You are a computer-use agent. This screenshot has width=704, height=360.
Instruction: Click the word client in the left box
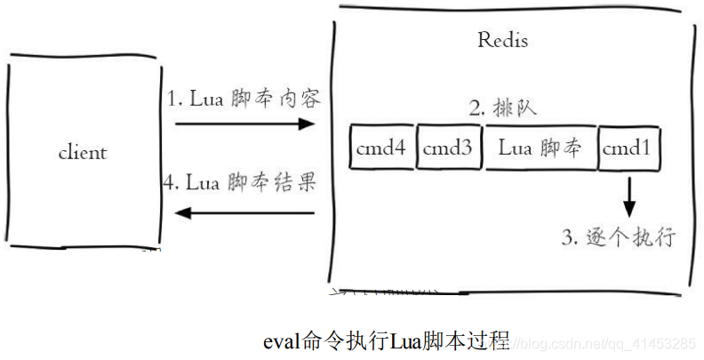tap(82, 152)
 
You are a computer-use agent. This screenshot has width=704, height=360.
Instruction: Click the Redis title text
tap(502, 40)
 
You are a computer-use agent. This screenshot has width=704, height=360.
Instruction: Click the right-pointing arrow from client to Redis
tap(244, 124)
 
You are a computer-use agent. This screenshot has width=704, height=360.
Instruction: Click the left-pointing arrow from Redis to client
tap(244, 212)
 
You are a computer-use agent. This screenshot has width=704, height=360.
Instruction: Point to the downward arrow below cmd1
tap(629, 198)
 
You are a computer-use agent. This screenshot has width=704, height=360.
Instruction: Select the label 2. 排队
tap(502, 108)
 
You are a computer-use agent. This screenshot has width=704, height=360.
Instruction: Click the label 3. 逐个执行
tap(620, 238)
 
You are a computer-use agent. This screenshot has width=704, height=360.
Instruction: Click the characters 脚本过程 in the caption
tap(466, 340)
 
